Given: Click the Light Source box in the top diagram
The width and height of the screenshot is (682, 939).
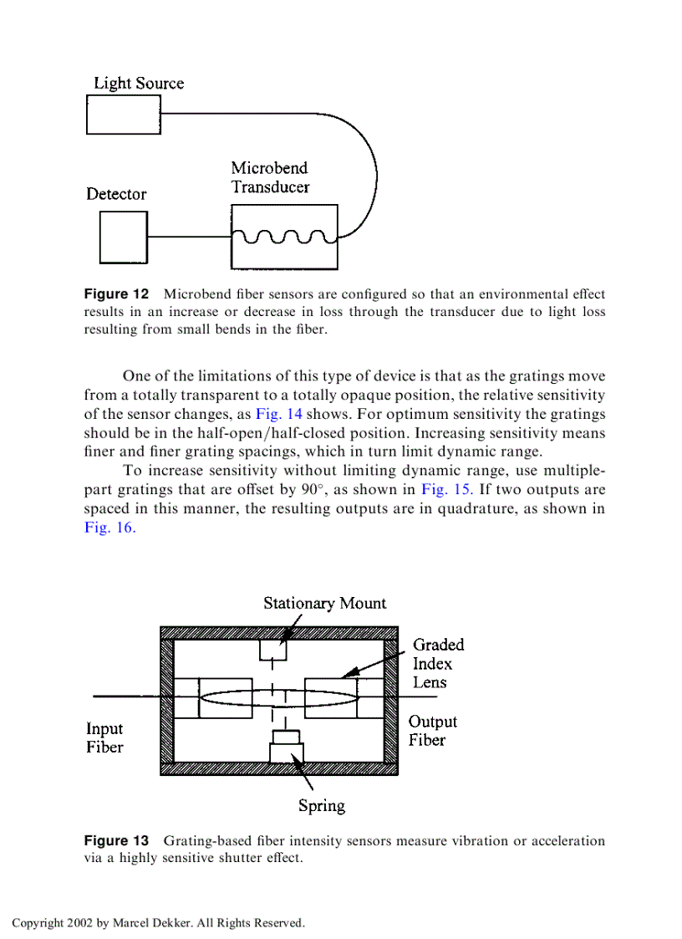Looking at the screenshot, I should (x=123, y=115).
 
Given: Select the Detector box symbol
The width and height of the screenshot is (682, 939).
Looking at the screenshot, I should (x=123, y=237).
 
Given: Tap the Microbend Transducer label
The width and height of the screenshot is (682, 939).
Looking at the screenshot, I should (x=270, y=177).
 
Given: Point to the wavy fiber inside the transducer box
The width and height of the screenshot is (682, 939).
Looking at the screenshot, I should (x=284, y=237).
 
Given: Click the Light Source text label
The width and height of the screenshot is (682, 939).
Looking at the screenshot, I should (x=138, y=84).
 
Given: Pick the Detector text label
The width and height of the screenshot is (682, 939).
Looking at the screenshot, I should (x=116, y=194).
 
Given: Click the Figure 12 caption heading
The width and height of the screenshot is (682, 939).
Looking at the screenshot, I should (x=116, y=294).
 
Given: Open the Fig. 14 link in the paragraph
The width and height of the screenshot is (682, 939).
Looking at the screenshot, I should (x=278, y=415).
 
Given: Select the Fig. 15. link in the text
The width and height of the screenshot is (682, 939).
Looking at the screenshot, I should (x=448, y=490).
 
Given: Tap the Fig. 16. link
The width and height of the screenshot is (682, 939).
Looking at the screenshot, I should (x=109, y=528).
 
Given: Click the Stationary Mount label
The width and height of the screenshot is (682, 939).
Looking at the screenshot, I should (x=325, y=603).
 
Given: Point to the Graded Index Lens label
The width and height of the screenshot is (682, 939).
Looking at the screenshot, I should (x=438, y=664).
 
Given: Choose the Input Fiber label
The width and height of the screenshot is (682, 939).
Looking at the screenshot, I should (x=104, y=738).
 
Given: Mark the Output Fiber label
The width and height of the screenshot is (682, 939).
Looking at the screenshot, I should (x=432, y=731).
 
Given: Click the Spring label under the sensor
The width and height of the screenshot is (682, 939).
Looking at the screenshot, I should (x=322, y=806).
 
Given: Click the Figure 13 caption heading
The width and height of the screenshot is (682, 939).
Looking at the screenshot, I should (x=116, y=840).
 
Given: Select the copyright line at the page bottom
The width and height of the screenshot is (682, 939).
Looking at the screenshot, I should (x=158, y=923).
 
